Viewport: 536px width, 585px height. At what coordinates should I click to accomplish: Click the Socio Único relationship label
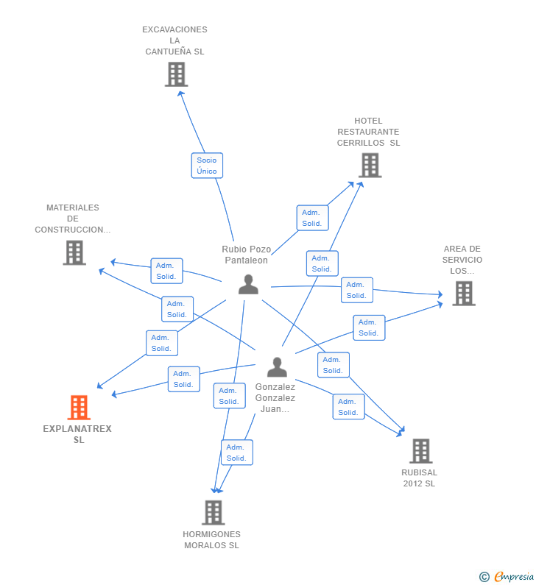(207, 166)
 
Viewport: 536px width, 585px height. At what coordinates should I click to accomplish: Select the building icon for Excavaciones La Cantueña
(176, 74)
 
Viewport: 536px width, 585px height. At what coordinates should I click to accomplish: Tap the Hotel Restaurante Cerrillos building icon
(370, 166)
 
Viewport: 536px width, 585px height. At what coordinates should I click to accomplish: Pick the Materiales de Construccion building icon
(74, 252)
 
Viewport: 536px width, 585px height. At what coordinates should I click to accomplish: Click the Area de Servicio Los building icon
(463, 294)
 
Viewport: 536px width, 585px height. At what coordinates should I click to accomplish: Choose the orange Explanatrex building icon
(79, 408)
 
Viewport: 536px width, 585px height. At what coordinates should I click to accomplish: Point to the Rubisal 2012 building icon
(420, 451)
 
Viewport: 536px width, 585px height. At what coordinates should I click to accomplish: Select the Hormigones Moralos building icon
(213, 513)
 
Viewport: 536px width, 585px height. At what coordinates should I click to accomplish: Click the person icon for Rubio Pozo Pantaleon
(249, 284)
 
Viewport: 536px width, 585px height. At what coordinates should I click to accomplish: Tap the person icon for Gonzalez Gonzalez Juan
(277, 366)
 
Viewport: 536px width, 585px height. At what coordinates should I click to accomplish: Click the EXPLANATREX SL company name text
(78, 434)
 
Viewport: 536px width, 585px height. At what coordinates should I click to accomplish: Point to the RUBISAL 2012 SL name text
(420, 478)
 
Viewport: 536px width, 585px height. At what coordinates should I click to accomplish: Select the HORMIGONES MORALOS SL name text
(212, 540)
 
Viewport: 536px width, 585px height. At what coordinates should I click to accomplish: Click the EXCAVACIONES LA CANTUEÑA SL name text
(174, 40)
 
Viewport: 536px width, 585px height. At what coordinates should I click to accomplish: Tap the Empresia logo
(513, 577)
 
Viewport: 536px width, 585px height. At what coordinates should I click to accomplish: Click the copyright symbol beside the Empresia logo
(484, 577)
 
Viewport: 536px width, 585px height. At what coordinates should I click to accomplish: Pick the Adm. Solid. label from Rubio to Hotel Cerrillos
(312, 218)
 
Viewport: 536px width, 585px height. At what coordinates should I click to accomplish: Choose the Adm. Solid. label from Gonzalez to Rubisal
(348, 407)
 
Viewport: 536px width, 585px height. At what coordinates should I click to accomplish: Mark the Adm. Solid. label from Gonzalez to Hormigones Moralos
(236, 453)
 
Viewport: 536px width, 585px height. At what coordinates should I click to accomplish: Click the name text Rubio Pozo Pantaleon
(247, 255)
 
